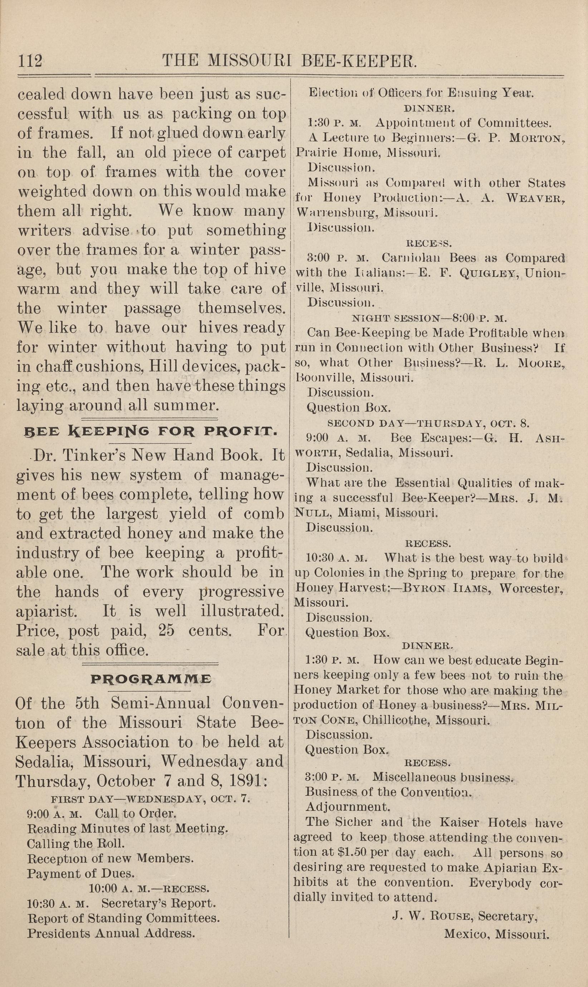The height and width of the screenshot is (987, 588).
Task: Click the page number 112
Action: click(x=30, y=61)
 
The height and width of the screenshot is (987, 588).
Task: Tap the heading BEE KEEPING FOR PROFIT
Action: click(x=150, y=431)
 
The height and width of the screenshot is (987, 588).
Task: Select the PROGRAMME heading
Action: click(x=151, y=679)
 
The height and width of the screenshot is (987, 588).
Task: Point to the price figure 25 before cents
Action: click(x=166, y=630)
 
